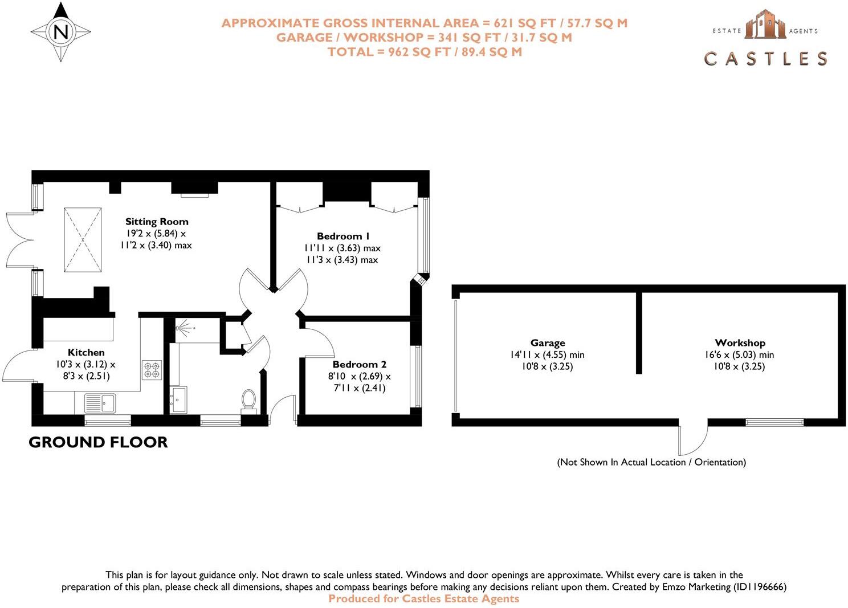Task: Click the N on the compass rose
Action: [x=61, y=32]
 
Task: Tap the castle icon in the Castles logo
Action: [x=765, y=25]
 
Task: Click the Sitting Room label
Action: [x=157, y=222]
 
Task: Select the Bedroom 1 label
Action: [x=343, y=236]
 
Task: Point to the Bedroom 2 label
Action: [x=359, y=364]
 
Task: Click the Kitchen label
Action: [x=86, y=353]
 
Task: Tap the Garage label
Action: [x=548, y=343]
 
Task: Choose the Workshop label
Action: [x=740, y=343]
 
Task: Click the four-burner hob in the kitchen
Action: [x=152, y=370]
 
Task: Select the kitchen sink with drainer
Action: [x=100, y=403]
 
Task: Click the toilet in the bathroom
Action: [x=248, y=399]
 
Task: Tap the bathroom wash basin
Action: [x=178, y=399]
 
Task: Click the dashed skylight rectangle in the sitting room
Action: [x=83, y=240]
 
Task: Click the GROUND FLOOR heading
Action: [x=98, y=442]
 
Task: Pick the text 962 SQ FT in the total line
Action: [x=419, y=52]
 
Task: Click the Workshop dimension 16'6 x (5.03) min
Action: [x=739, y=355]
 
